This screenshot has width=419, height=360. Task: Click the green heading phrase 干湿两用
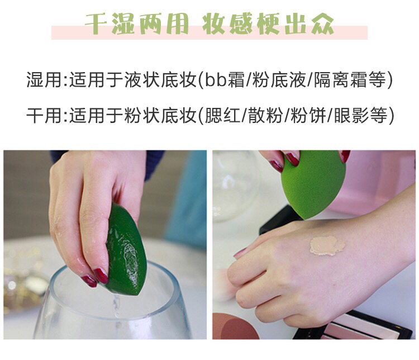[x=136, y=23]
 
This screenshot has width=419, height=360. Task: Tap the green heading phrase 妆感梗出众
[x=268, y=23]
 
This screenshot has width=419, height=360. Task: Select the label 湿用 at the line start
[x=44, y=80]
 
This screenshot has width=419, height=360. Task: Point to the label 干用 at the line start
[x=44, y=115]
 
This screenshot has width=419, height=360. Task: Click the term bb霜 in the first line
[x=225, y=80]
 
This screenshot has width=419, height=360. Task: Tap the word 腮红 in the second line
[x=222, y=115]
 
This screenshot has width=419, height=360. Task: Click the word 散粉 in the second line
[x=265, y=115]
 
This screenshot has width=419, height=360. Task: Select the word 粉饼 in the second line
[x=308, y=115]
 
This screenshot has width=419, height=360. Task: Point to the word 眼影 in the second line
[x=350, y=115]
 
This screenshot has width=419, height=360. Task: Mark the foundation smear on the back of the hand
[x=327, y=245]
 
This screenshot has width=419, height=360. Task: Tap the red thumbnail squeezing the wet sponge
[x=101, y=276]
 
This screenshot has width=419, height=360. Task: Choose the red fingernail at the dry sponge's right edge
[x=345, y=155]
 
